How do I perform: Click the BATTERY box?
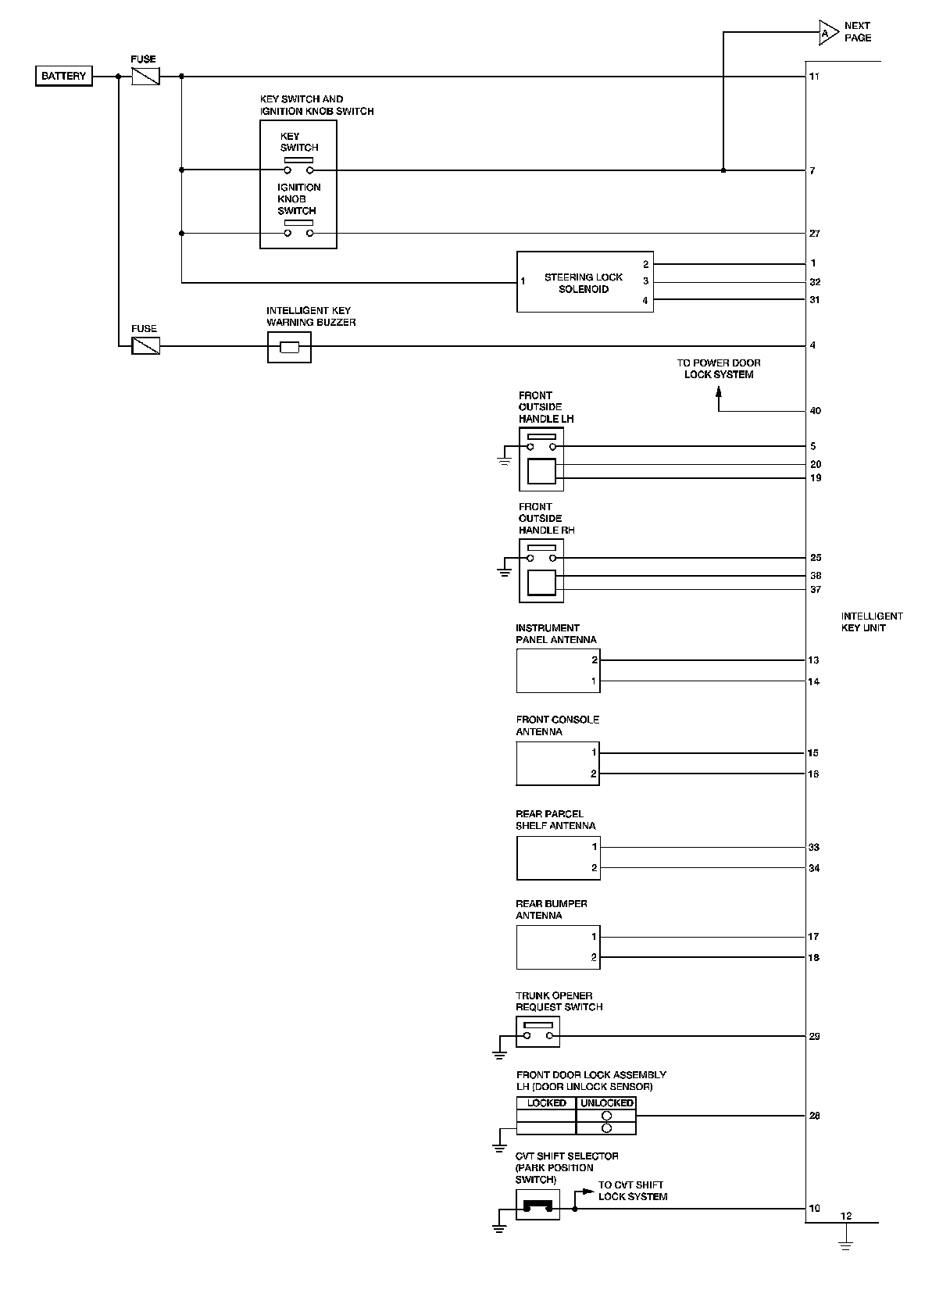(63, 76)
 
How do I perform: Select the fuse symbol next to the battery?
(145, 76)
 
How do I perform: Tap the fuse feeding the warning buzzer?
(145, 345)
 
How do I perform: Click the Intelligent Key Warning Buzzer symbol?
(289, 347)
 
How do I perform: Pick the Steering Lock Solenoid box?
(584, 283)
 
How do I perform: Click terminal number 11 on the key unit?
(814, 77)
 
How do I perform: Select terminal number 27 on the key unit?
(814, 234)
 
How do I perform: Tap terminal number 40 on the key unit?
(815, 411)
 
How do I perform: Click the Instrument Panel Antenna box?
(558, 670)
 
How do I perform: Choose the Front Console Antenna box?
(558, 763)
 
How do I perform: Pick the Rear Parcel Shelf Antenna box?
(558, 857)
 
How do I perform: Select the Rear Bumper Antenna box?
(558, 947)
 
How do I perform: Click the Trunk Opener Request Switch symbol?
(537, 1031)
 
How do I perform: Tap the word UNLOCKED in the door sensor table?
(606, 1103)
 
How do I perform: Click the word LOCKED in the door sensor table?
(546, 1103)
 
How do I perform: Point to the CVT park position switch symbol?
(537, 1205)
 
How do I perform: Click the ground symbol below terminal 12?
(845, 1243)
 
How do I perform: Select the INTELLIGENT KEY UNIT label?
(872, 622)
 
